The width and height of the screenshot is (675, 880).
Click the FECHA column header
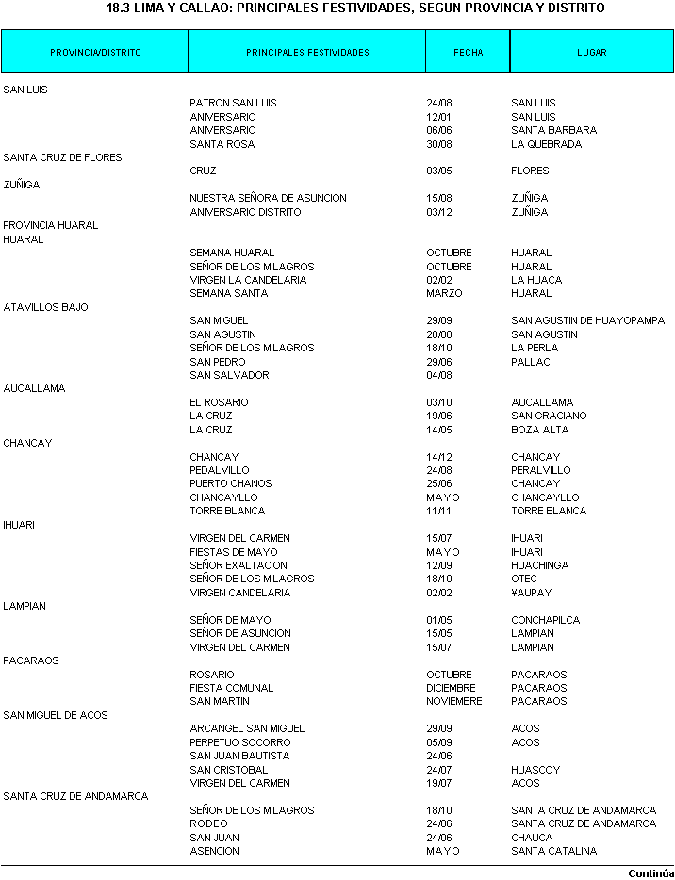click(x=468, y=53)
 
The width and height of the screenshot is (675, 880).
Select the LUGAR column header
click(x=592, y=53)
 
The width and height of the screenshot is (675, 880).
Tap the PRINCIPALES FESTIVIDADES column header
click(x=307, y=53)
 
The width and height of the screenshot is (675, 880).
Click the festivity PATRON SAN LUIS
click(x=233, y=103)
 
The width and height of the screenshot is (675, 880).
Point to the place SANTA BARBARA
click(x=553, y=130)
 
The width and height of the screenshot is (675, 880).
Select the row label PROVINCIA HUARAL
click(x=51, y=225)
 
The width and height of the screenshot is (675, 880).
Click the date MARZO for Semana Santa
click(x=444, y=293)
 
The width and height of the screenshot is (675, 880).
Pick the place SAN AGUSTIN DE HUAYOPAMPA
click(x=587, y=320)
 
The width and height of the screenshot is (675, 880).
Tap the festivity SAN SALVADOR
click(x=229, y=375)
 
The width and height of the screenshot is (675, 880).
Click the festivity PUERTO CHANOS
click(x=230, y=483)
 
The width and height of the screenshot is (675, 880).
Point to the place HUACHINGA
click(x=539, y=565)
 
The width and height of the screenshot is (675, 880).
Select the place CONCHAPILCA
click(x=545, y=620)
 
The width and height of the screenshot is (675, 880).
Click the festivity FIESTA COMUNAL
click(x=231, y=688)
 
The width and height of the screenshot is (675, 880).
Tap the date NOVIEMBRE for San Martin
click(x=453, y=701)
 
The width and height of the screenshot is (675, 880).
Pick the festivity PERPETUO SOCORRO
click(x=239, y=742)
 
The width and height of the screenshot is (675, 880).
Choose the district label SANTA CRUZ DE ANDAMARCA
click(x=75, y=796)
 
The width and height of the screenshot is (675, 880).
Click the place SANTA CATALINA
click(x=553, y=851)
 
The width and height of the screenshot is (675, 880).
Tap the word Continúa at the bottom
click(x=650, y=873)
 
